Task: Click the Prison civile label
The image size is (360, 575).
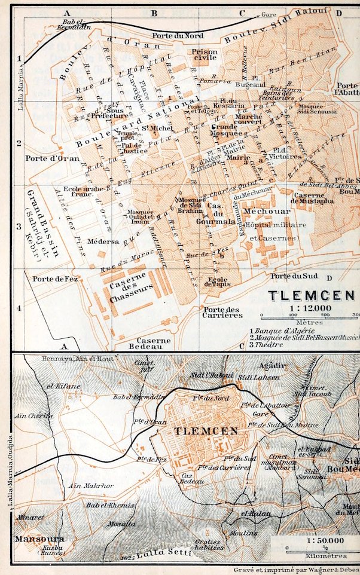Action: [205, 56]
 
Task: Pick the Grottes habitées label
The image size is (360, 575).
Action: [209, 544]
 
